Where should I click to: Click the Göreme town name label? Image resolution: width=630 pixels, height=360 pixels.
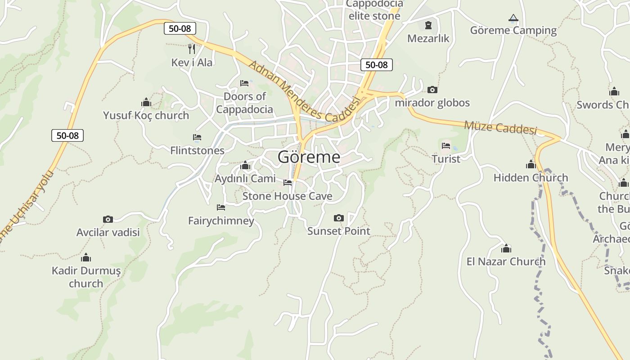309,157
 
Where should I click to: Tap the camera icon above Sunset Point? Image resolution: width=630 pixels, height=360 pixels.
338,218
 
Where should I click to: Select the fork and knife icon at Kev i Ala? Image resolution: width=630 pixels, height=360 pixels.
192,49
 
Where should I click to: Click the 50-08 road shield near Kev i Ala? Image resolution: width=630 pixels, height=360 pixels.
180,28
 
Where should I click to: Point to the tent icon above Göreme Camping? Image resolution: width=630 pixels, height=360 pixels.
513,18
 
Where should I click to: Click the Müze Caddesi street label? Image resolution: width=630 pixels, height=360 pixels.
500,127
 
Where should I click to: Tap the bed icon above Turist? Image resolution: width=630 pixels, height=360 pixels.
446,145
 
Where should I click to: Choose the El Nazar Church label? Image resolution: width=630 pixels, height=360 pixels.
506,261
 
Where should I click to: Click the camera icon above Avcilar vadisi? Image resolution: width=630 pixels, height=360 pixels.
108,219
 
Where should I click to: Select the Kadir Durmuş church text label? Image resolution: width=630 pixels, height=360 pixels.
86,277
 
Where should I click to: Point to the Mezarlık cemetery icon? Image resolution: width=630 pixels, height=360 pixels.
428,25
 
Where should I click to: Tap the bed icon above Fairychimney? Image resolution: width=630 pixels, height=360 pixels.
221,207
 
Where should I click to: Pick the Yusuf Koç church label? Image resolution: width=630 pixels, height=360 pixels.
146,116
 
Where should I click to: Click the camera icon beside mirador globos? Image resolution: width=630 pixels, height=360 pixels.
432,90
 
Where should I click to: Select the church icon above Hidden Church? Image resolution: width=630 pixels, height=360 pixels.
531,165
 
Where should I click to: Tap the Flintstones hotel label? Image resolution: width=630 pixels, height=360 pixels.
197,150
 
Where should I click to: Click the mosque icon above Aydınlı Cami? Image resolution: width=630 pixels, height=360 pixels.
245,166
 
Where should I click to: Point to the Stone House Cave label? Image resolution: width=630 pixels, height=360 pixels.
287,196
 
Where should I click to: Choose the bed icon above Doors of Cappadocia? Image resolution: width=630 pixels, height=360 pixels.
244,83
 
